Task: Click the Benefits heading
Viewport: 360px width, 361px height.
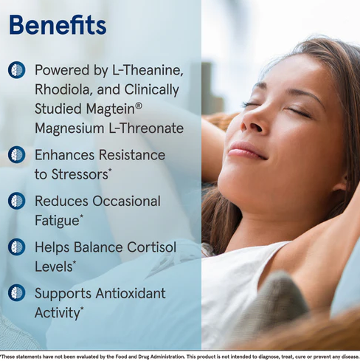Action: (58, 25)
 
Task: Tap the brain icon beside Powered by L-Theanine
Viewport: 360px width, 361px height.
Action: (17, 70)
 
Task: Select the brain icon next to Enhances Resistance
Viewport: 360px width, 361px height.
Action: (17, 154)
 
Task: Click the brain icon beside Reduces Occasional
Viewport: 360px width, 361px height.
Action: (17, 201)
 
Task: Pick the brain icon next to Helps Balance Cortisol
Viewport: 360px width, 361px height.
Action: (17, 247)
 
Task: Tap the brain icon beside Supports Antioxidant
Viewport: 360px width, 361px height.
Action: (17, 293)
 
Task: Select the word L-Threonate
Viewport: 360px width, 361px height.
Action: (146, 128)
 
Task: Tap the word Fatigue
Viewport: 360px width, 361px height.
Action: (57, 221)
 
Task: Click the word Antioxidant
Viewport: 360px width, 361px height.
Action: (131, 293)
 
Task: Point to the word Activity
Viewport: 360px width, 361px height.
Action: (58, 313)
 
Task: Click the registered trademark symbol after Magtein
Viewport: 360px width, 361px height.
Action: (139, 106)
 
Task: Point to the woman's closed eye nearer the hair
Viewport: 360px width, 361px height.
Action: (298, 112)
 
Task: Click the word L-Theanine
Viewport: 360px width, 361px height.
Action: (148, 70)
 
